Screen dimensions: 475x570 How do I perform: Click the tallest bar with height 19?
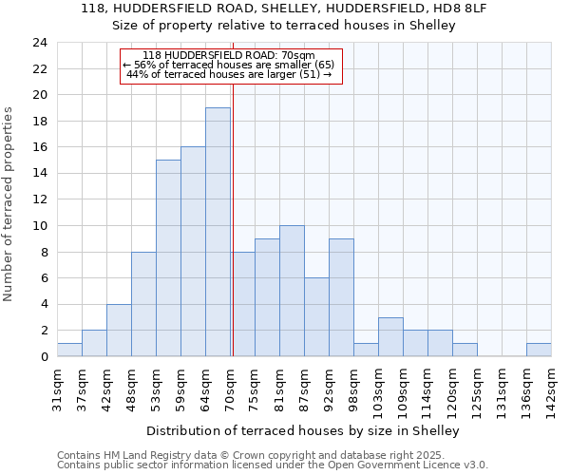tap(218, 232)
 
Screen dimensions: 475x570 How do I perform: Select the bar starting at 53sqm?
tap(168, 257)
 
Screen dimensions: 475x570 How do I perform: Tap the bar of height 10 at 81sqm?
tap(292, 291)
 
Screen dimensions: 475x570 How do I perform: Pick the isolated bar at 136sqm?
tap(539, 350)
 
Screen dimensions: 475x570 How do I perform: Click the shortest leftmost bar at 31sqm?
tap(69, 350)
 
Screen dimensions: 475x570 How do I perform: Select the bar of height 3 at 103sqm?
tap(390, 336)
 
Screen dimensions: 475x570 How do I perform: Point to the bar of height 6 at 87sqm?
tap(316, 316)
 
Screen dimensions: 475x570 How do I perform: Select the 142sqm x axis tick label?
tap(551, 389)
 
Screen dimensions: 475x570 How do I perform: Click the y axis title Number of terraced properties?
tap(9, 203)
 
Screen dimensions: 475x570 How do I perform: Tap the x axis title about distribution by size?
tap(303, 430)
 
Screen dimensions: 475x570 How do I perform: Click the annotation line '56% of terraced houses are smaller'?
tap(229, 65)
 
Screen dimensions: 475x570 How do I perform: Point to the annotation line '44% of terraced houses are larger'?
tap(229, 74)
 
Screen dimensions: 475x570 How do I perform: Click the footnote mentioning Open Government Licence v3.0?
tap(273, 465)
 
